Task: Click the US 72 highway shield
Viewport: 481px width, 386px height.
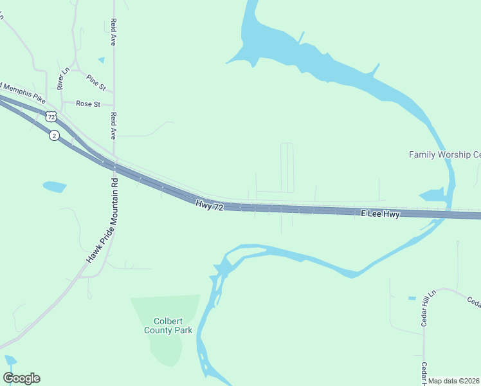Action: point(51,116)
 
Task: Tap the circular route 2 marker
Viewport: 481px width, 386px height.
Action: point(55,135)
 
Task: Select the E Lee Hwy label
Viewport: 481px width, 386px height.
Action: point(380,214)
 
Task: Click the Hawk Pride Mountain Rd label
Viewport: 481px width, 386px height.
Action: point(104,220)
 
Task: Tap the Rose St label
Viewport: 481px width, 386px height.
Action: point(88,104)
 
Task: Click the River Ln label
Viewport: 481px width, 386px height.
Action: point(60,77)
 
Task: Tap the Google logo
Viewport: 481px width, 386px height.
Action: point(21,378)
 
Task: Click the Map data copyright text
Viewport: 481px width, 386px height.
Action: point(454,381)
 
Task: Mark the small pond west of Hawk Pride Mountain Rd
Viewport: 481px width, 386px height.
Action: point(55,187)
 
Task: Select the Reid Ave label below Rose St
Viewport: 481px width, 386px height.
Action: point(113,127)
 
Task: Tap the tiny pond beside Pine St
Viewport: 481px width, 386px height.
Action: point(101,60)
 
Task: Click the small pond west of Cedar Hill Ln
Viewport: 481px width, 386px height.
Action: point(412,298)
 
